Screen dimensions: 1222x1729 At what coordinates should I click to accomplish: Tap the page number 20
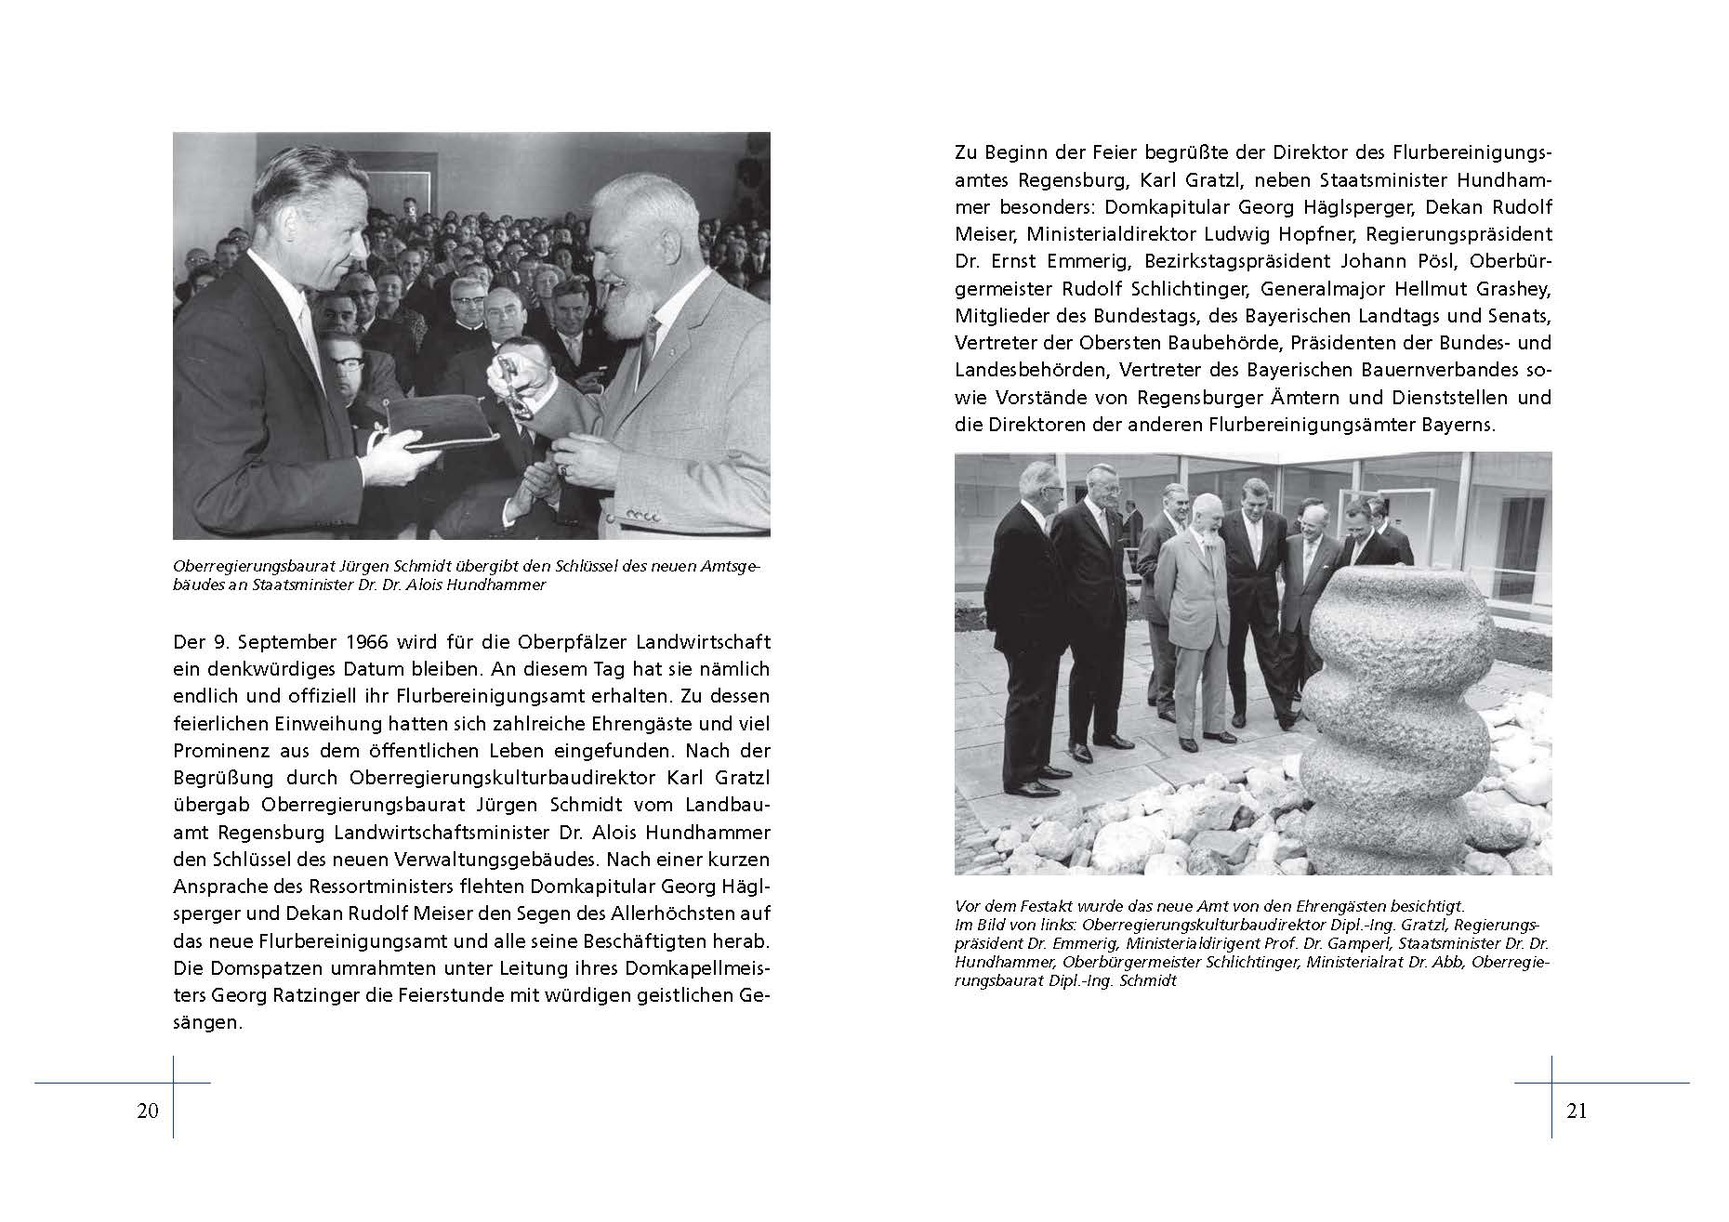pos(148,1110)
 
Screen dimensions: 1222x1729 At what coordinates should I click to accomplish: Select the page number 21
pos(1577,1110)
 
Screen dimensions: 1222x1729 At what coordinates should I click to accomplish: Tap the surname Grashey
pos(1510,288)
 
